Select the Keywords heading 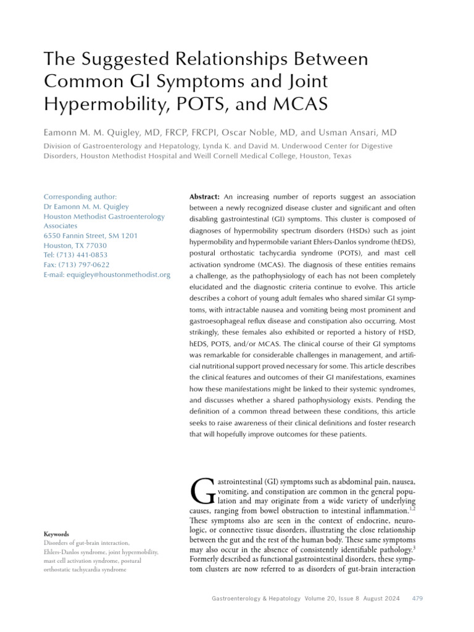[x=56, y=534]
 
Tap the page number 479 [x=417, y=599]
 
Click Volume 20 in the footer [x=320, y=599]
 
